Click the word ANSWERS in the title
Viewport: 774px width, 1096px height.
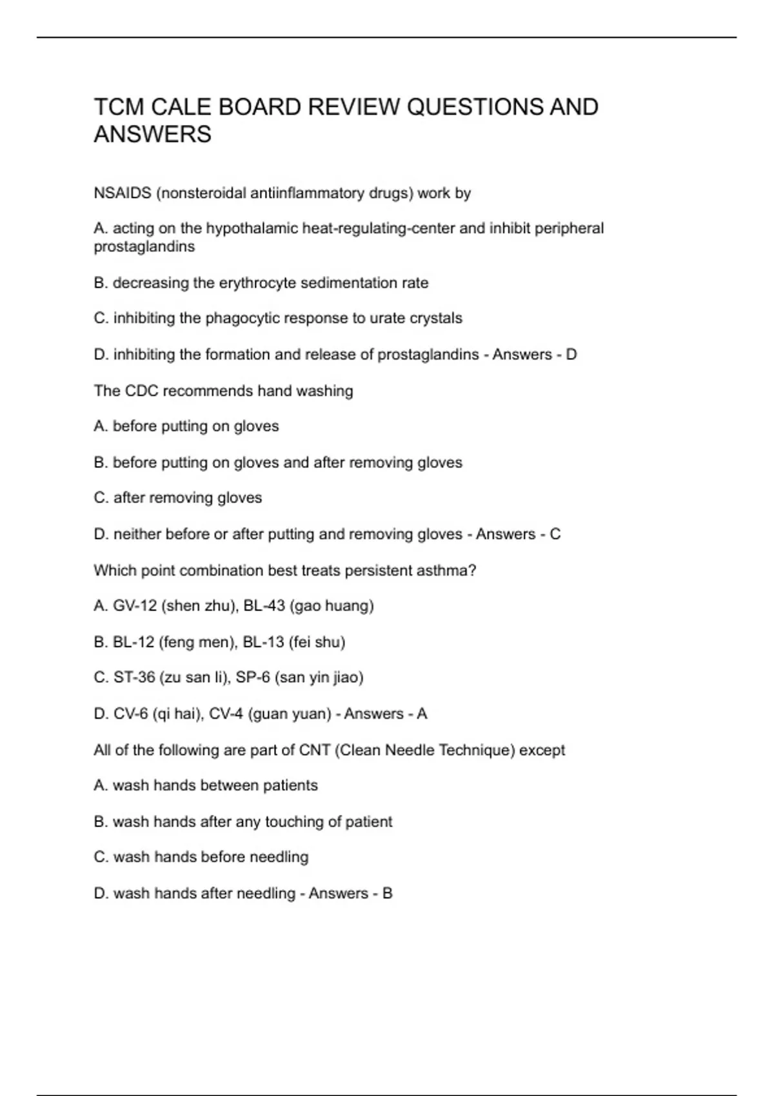[152, 135]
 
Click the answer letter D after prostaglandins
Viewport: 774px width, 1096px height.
[571, 355]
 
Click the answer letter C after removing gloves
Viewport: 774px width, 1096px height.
[555, 534]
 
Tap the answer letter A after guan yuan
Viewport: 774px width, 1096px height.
[422, 714]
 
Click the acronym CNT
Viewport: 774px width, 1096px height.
[315, 750]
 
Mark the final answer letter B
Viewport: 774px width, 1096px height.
[387, 894]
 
